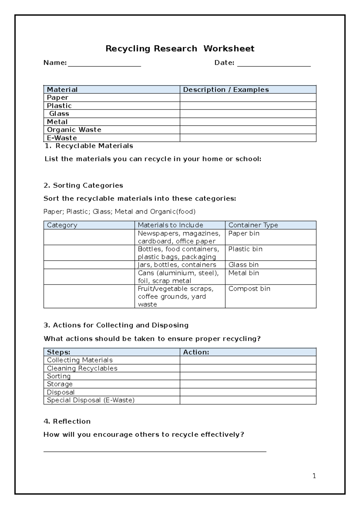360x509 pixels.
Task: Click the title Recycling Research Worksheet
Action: pyautogui.click(x=180, y=49)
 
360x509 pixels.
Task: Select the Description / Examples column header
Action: pyautogui.click(x=226, y=89)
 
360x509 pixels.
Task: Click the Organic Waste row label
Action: pyautogui.click(x=74, y=130)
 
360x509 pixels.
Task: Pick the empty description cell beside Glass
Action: pyautogui.click(x=248, y=114)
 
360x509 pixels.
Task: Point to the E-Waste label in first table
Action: pyautogui.click(x=62, y=138)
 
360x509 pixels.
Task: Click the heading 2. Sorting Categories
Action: pyautogui.click(x=83, y=185)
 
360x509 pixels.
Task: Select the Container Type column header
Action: pyautogui.click(x=253, y=225)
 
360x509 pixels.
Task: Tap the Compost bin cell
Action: pyautogui.click(x=249, y=289)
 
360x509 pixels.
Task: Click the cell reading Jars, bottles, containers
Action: pyautogui.click(x=177, y=265)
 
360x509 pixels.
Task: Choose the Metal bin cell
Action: pyautogui.click(x=244, y=273)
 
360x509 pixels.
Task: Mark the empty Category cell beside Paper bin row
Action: pyautogui.click(x=89, y=237)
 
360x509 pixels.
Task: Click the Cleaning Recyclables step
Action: pyautogui.click(x=82, y=368)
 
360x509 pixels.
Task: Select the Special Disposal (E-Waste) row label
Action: pyautogui.click(x=91, y=400)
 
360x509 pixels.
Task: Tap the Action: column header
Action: pyautogui.click(x=196, y=352)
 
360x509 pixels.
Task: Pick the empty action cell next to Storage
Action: pyautogui.click(x=248, y=384)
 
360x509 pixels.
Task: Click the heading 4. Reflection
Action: pyautogui.click(x=67, y=421)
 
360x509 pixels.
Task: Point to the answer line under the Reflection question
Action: pyautogui.click(x=155, y=451)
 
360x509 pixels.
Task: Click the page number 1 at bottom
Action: pyautogui.click(x=314, y=476)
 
